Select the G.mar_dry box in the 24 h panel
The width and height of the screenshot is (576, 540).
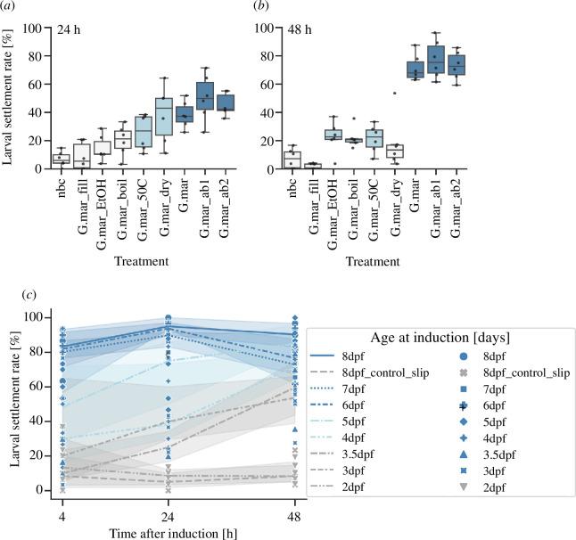[x=163, y=116]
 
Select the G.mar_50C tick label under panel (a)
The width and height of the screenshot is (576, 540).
[x=143, y=200]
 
